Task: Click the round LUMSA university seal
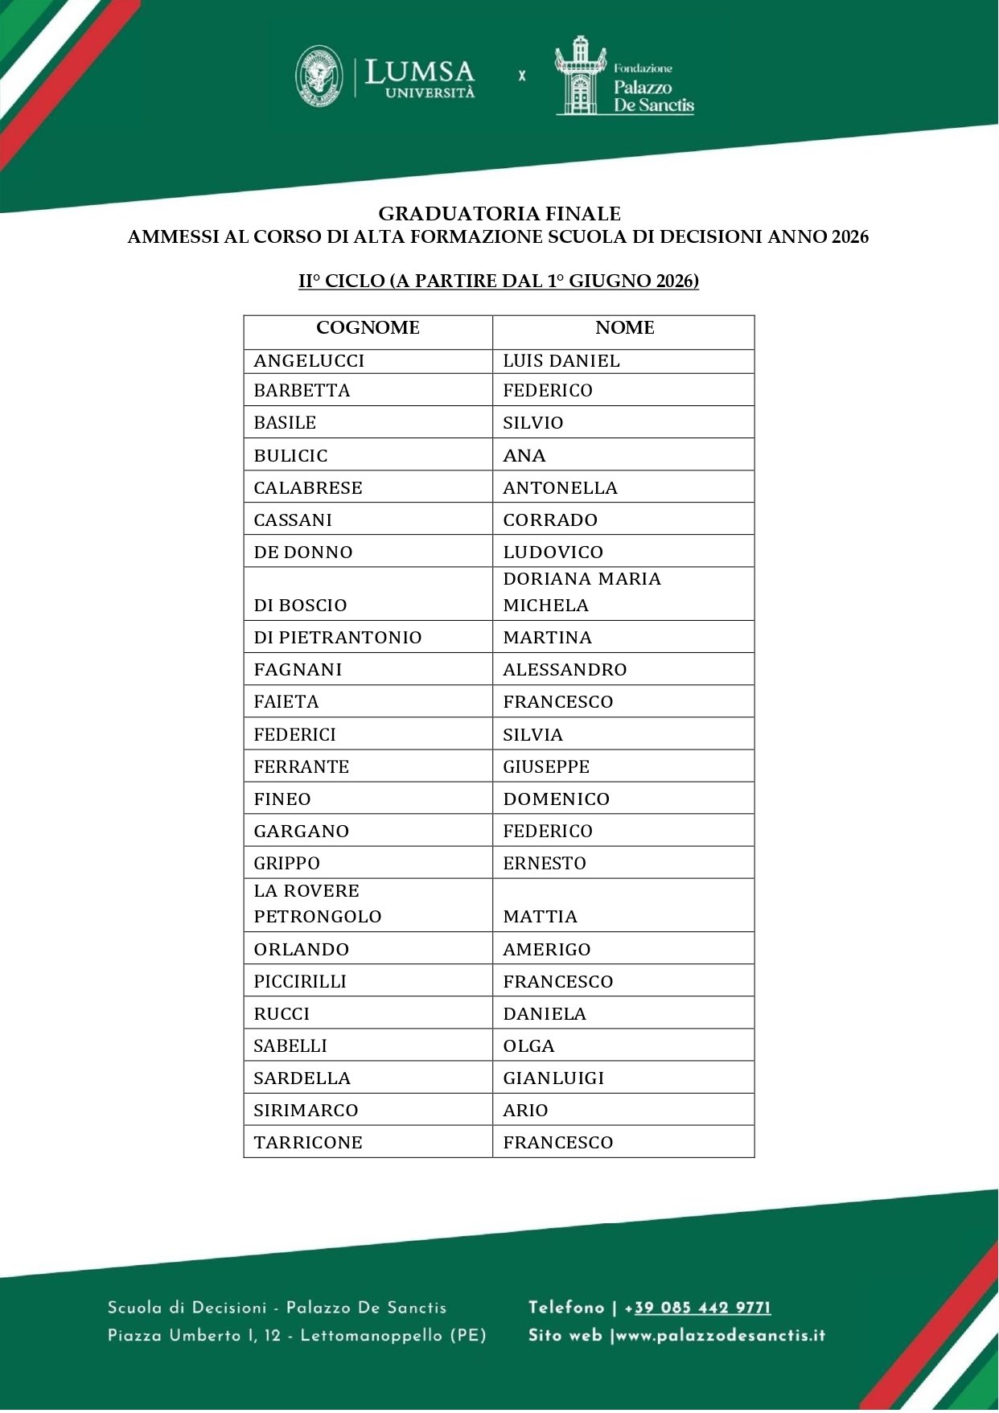click(x=319, y=77)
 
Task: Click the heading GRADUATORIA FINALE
click(x=499, y=214)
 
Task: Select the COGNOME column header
click(x=368, y=328)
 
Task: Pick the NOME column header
click(x=624, y=328)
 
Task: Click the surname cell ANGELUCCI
click(x=309, y=361)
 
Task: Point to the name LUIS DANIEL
click(x=561, y=361)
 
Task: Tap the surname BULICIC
click(x=290, y=456)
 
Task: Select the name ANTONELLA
click(x=560, y=488)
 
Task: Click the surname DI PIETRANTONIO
click(x=338, y=638)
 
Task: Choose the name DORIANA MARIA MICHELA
click(x=582, y=593)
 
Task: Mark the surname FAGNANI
click(x=298, y=670)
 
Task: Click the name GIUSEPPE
click(x=546, y=767)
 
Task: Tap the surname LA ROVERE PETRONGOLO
click(x=317, y=904)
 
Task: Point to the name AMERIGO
click(x=547, y=950)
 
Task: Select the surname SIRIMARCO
click(x=306, y=1111)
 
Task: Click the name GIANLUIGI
click(x=553, y=1078)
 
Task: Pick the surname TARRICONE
click(x=308, y=1143)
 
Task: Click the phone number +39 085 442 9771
click(x=702, y=1308)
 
